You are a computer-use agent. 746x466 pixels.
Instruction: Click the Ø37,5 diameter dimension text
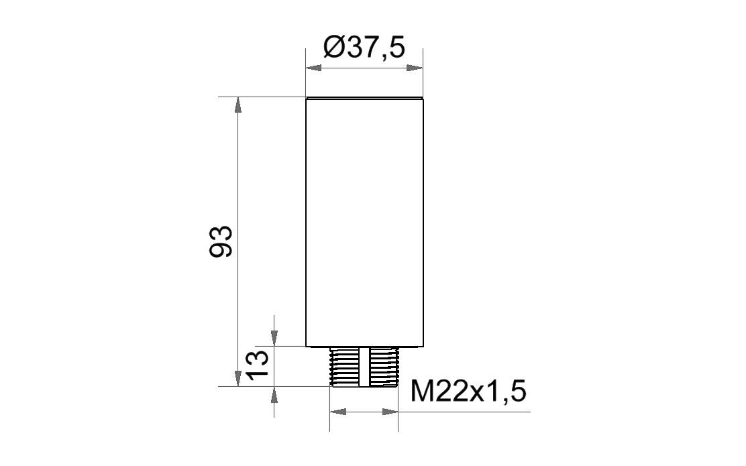364,48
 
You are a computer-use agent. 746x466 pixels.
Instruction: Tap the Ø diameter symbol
333,48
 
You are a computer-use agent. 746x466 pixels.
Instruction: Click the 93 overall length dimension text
221,241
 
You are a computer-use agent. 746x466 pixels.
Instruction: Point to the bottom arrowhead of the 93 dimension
237,380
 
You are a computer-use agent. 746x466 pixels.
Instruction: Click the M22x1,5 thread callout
468,392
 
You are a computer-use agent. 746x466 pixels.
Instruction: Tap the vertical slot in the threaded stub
364,367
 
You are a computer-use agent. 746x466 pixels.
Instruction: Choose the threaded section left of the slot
345,367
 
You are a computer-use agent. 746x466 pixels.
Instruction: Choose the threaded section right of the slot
383,367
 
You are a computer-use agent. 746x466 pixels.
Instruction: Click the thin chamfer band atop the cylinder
364,99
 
